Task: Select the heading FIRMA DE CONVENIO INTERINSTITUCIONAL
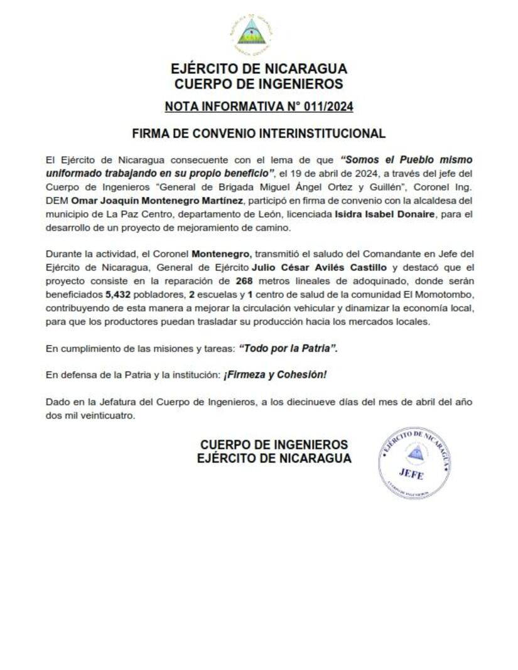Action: pos(259,134)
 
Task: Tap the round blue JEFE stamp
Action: pos(414,462)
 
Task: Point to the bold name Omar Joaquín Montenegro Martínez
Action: pos(156,200)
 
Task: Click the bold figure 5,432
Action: pos(117,295)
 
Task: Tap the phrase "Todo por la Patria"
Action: pos(288,349)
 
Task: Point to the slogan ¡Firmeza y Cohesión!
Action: pos(275,375)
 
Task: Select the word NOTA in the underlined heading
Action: pos(181,107)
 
